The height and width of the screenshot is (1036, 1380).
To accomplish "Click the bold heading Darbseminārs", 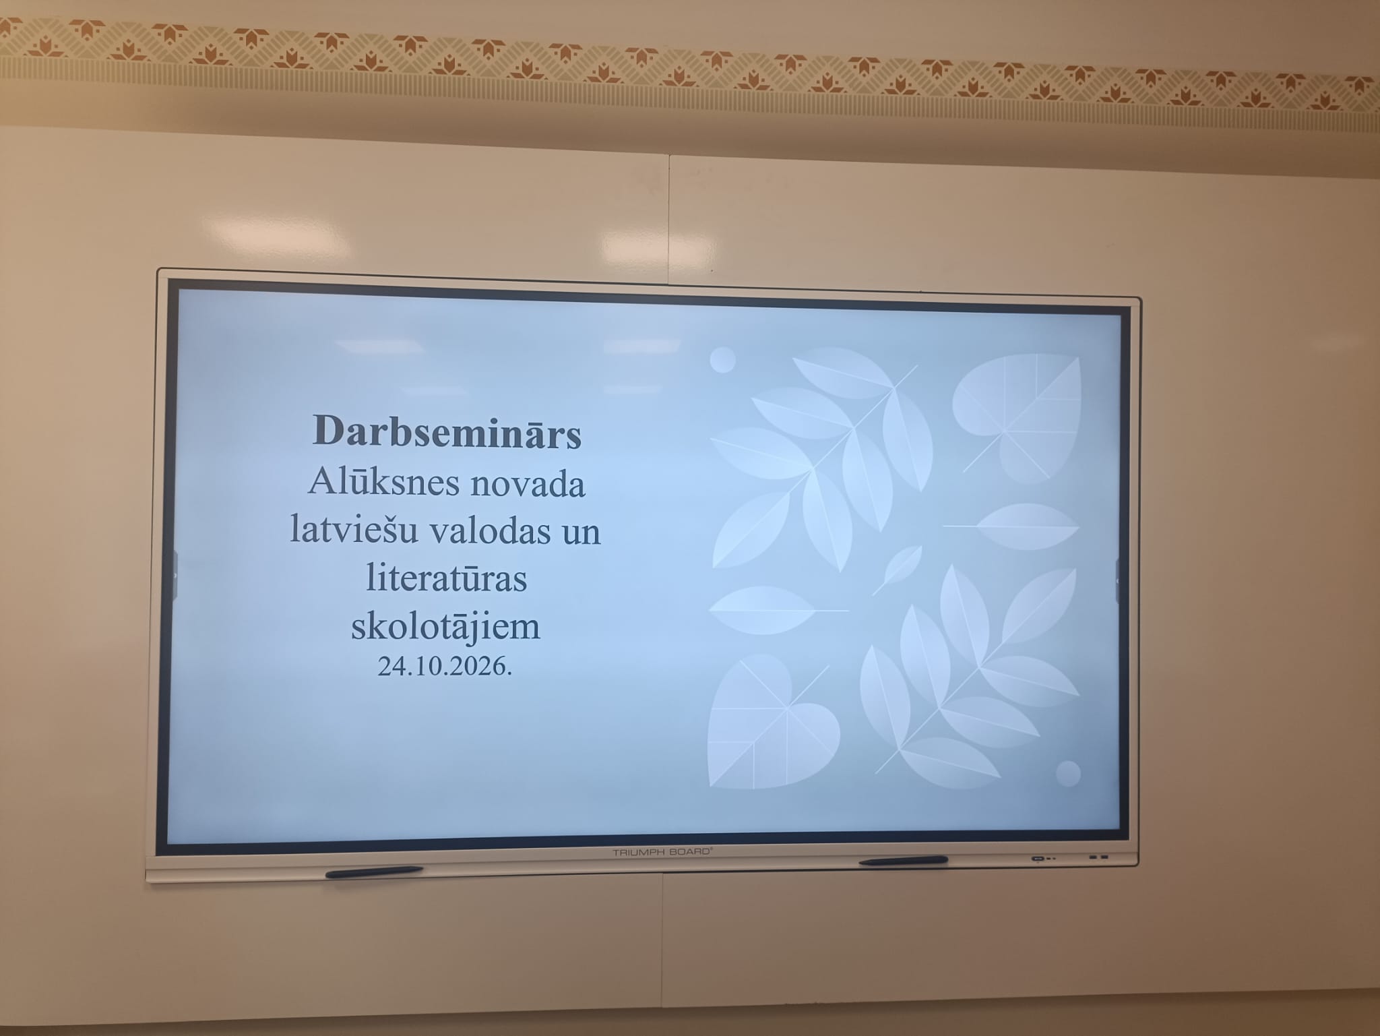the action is click(x=447, y=431).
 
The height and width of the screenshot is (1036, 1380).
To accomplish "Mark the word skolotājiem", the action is click(x=446, y=627).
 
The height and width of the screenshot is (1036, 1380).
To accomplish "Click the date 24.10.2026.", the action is click(x=445, y=667).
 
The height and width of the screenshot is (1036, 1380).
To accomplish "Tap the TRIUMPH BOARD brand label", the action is click(x=662, y=852).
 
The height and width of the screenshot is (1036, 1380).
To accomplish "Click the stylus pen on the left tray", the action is click(x=374, y=872).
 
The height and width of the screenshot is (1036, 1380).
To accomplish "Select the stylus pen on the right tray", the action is click(x=904, y=861).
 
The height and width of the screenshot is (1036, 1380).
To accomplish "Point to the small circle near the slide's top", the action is click(x=723, y=360).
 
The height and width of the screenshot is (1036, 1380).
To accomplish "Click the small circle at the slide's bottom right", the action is click(x=1068, y=774).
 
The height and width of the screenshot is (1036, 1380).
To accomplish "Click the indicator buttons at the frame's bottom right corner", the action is click(x=1069, y=858).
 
